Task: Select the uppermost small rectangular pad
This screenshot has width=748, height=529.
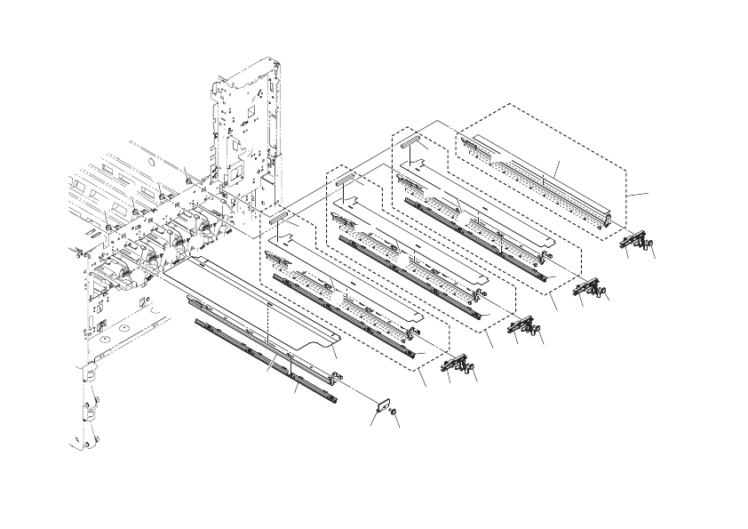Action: (x=410, y=140)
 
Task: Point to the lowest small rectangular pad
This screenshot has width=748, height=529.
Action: (x=278, y=216)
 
